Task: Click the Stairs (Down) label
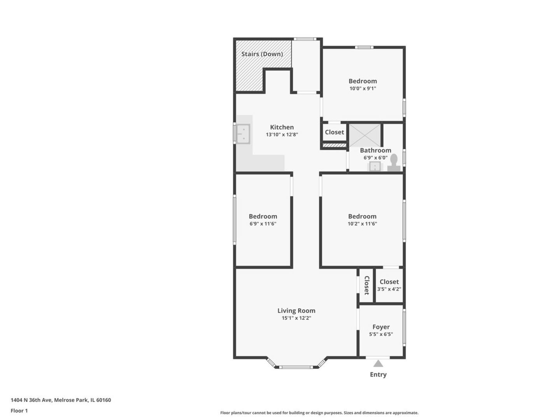point(262,54)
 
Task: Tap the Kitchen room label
point(282,127)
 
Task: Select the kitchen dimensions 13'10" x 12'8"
point(282,135)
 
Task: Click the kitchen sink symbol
point(243,134)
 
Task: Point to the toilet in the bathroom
point(393,163)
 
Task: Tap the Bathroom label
point(375,150)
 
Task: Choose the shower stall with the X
point(365,136)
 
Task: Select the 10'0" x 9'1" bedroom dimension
point(363,89)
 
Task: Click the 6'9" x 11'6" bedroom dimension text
point(263,224)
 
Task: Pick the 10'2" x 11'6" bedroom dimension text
point(362,224)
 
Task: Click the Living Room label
point(296,311)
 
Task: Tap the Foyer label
point(381,327)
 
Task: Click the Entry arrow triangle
point(378,363)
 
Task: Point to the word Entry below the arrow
point(378,374)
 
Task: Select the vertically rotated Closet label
point(366,285)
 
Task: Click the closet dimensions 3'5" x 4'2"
point(389,289)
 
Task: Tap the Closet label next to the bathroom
point(334,132)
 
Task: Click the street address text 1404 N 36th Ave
point(31,400)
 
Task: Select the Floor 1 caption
point(19,411)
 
